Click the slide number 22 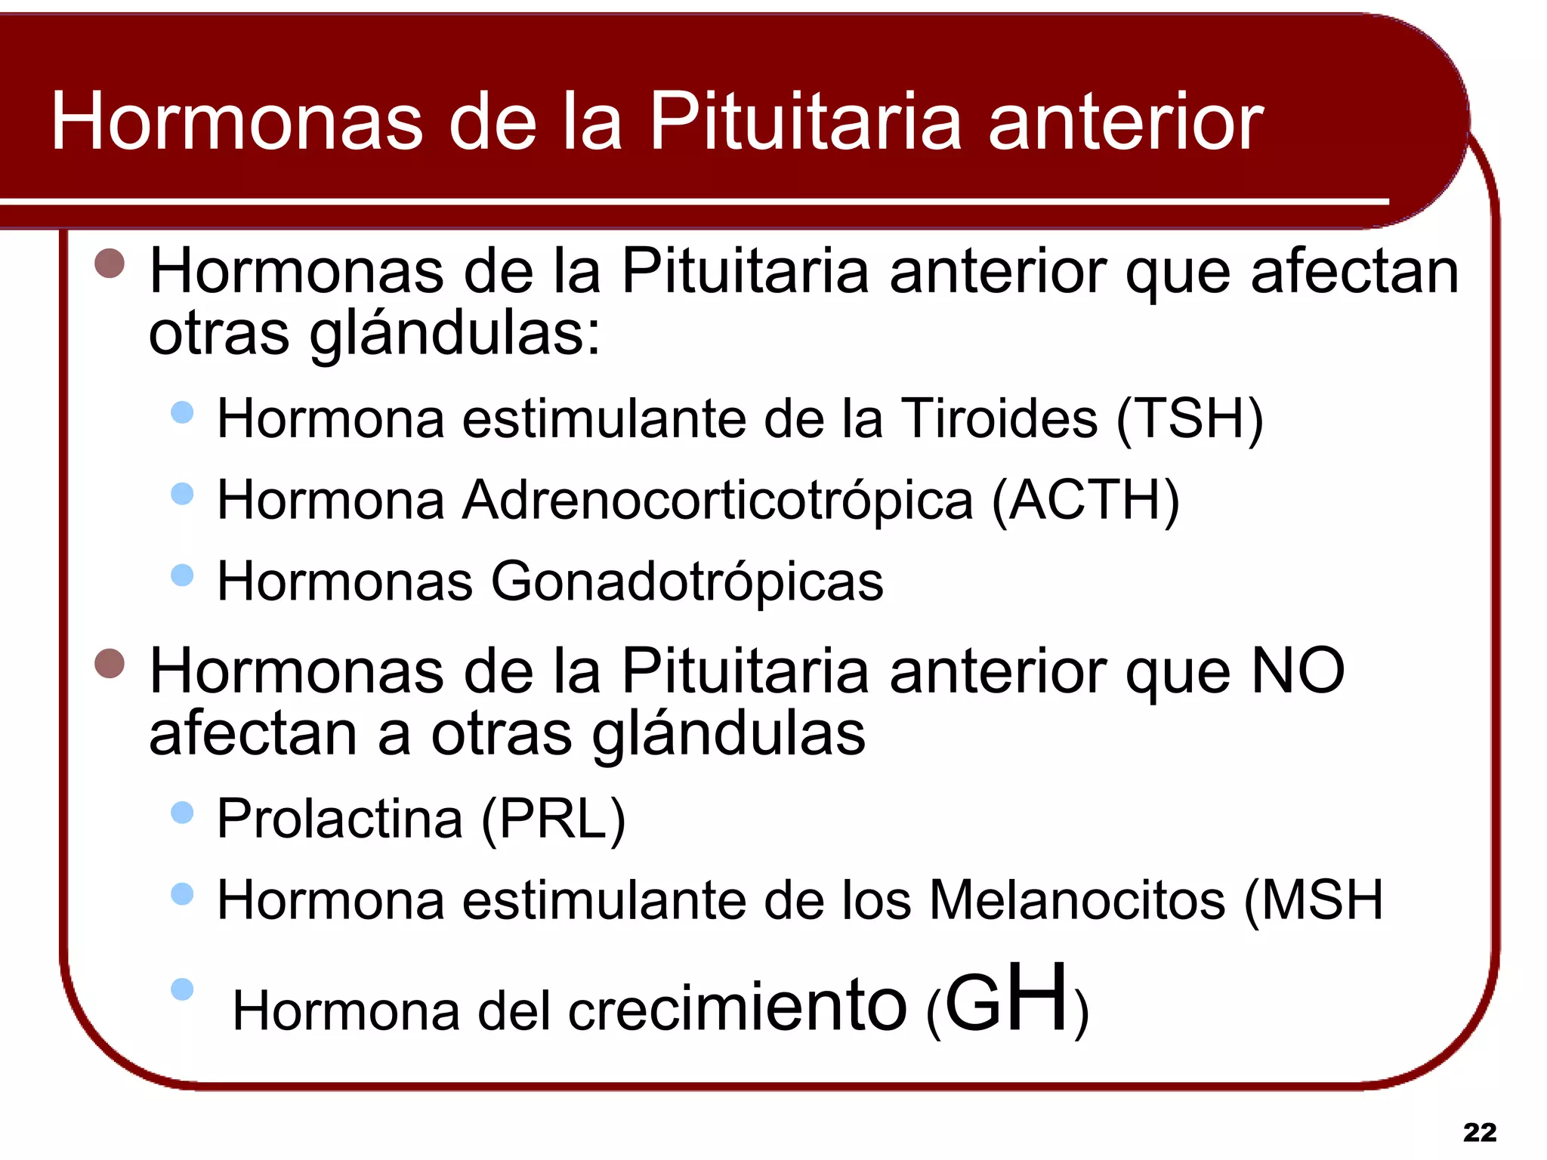point(1479,1132)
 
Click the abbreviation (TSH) point(1189,419)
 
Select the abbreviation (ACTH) point(1085,501)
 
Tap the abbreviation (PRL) point(554,819)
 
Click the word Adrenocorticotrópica point(718,501)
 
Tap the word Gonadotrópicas point(687,582)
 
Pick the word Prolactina point(340,819)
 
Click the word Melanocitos point(1076,900)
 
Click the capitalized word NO point(1298,671)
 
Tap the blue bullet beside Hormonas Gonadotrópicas point(182,575)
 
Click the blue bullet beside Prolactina point(182,813)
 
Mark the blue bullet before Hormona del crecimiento point(182,989)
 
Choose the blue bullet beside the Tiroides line point(182,412)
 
